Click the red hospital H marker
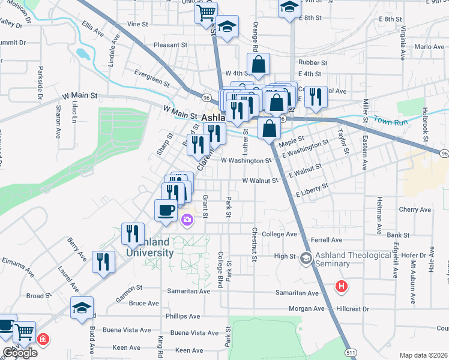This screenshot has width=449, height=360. (342, 287)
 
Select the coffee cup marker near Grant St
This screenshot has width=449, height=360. (166, 210)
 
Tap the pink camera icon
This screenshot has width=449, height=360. (187, 220)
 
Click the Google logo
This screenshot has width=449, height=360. (20, 353)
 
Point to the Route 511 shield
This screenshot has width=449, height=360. (349, 352)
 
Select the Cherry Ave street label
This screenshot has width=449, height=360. (415, 210)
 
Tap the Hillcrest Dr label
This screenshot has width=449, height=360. (352, 308)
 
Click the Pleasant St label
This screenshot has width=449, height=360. (170, 45)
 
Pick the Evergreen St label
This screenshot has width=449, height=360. (152, 77)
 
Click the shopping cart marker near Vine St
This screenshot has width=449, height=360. (206, 11)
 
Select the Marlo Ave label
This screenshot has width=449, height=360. (429, 47)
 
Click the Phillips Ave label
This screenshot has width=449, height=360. (183, 316)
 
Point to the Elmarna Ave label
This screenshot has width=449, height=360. (20, 262)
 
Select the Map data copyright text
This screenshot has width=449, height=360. (423, 355)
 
